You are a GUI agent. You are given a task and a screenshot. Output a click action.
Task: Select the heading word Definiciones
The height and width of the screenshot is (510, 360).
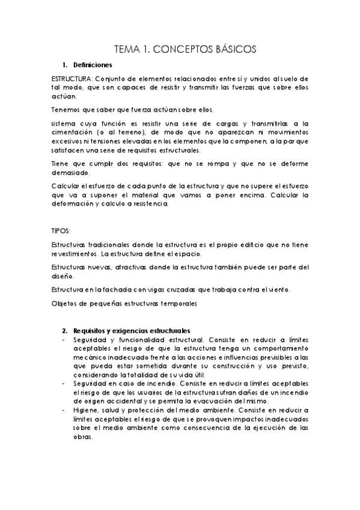pyautogui.click(x=91, y=65)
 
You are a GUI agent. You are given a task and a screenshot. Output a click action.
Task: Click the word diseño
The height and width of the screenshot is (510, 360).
pyautogui.click(x=61, y=277)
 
